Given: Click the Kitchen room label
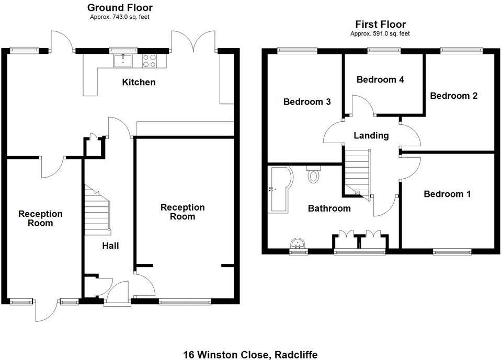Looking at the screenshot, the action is click(139, 82).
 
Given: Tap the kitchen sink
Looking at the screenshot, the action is click(123, 61).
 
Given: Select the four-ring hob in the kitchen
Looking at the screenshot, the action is click(149, 61).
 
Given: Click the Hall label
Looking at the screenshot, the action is click(110, 245).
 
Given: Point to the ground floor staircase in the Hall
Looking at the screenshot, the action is click(98, 212).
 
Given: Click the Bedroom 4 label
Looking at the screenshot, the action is click(380, 80).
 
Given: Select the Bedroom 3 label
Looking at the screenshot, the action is click(307, 102).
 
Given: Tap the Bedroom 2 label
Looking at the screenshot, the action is click(453, 96).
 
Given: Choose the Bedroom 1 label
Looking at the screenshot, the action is click(447, 194).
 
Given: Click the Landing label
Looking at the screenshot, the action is click(371, 136).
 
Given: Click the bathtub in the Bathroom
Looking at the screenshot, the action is click(280, 189).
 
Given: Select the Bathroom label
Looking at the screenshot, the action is click(329, 208).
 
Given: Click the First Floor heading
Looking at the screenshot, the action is click(380, 24).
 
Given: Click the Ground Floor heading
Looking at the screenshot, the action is click(120, 7).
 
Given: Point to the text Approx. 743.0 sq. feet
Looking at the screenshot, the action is click(120, 17).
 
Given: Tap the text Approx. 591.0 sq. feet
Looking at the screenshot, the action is click(380, 33).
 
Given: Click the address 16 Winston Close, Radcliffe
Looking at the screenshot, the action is click(250, 355).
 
